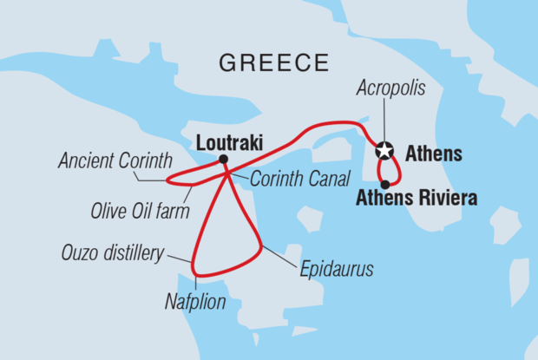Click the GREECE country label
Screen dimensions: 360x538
pyautogui.click(x=274, y=62)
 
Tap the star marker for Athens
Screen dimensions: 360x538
pyautogui.click(x=384, y=151)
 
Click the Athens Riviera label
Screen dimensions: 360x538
pyautogui.click(x=417, y=199)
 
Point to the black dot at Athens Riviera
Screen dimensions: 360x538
pyautogui.click(x=385, y=184)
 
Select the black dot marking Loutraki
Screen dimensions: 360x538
pyautogui.click(x=223, y=159)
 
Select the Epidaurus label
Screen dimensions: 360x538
pyautogui.click(x=337, y=270)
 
